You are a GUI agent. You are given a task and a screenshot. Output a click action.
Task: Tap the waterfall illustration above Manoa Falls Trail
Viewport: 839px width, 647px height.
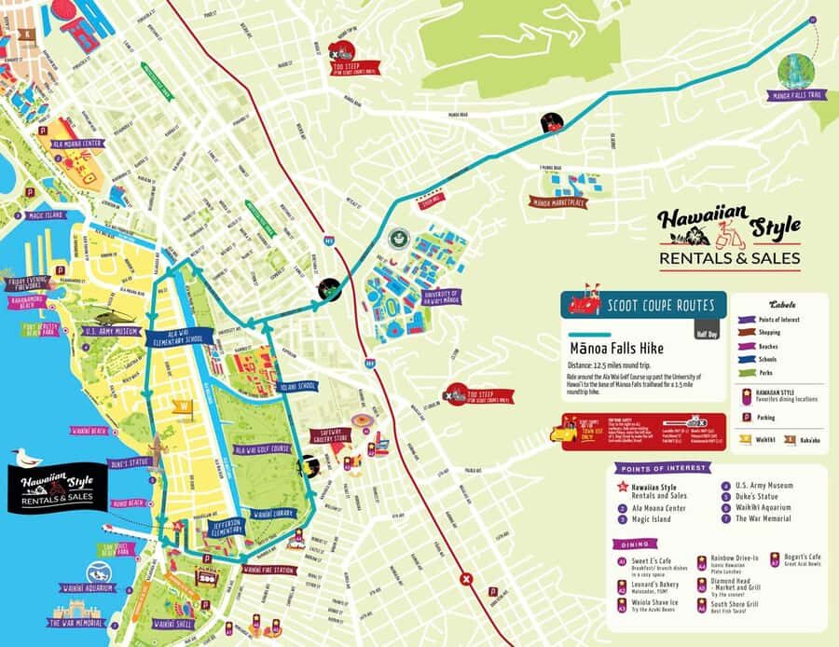click(795, 67)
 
